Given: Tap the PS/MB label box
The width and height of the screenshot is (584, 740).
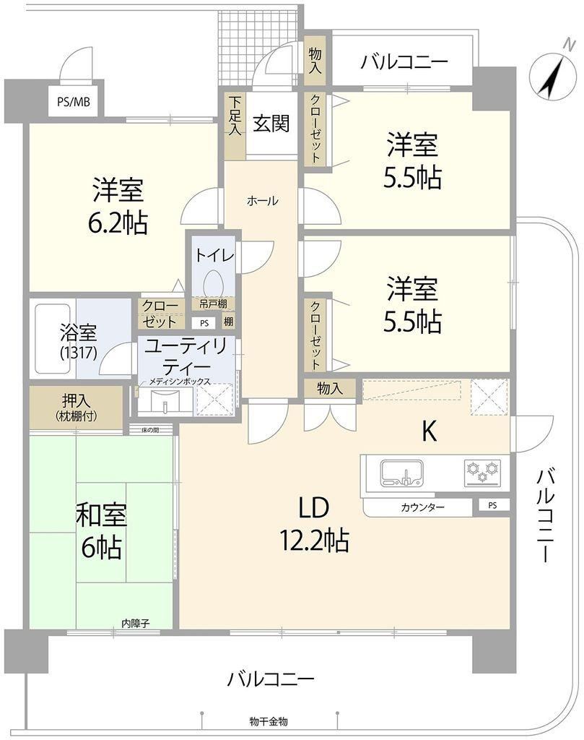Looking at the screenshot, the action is pyautogui.click(x=74, y=101).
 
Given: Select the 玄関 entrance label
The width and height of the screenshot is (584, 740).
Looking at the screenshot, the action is pyautogui.click(x=271, y=123).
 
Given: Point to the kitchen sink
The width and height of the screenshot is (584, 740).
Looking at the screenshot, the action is pyautogui.click(x=403, y=473).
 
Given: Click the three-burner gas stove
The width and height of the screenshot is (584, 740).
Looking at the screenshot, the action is pyautogui.click(x=482, y=473).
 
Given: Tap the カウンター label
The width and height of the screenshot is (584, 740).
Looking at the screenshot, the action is pyautogui.click(x=423, y=508).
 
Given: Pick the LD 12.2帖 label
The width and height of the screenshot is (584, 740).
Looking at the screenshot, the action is pyautogui.click(x=314, y=524).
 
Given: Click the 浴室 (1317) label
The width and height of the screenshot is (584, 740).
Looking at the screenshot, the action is pyautogui.click(x=79, y=342).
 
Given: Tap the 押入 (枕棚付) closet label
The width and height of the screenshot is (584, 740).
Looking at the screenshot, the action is pyautogui.click(x=76, y=408).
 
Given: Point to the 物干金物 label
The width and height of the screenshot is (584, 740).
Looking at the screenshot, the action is pyautogui.click(x=269, y=722).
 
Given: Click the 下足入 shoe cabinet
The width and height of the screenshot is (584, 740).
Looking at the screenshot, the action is pyautogui.click(x=235, y=125).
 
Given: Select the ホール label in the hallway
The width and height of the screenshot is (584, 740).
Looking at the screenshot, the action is pyautogui.click(x=263, y=201).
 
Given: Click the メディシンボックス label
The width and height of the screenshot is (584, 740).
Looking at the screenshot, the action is pyautogui.click(x=180, y=382).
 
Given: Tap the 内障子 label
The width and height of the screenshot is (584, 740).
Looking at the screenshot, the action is pyautogui.click(x=136, y=624).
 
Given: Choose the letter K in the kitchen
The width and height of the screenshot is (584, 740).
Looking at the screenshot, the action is pyautogui.click(x=429, y=431).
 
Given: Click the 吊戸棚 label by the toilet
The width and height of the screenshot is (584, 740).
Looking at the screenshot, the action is pyautogui.click(x=212, y=304).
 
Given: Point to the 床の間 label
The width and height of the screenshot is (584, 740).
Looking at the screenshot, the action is pyautogui.click(x=150, y=429).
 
